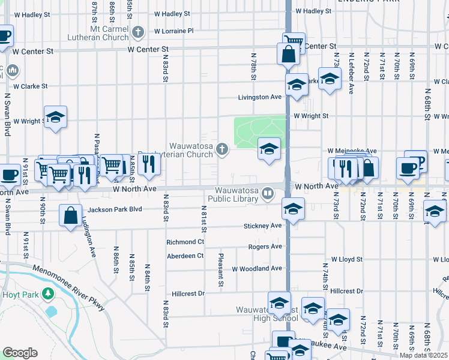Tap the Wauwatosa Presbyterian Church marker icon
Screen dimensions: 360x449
[x=222, y=149]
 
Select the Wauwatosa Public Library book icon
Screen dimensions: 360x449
[x=268, y=194]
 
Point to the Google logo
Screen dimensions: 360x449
[x=20, y=353]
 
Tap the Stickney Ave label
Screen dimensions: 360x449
[x=262, y=226]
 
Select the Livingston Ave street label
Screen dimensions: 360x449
[x=260, y=97]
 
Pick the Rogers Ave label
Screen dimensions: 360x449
[x=265, y=247]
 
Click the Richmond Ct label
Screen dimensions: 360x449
[x=185, y=242]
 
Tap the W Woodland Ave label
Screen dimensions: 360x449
[x=257, y=268]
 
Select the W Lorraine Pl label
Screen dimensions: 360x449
[x=173, y=31]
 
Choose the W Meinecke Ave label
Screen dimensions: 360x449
[x=352, y=151]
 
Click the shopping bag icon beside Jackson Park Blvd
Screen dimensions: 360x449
[x=71, y=216]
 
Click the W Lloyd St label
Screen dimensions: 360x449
[x=343, y=259]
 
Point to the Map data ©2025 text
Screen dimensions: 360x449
[x=424, y=355]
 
